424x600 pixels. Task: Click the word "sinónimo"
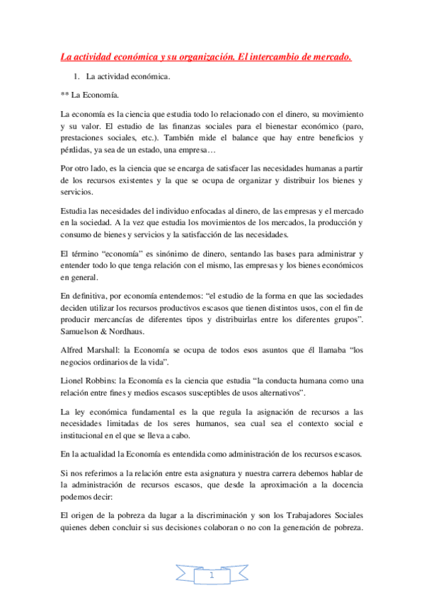tap(164, 253)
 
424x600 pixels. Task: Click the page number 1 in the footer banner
tap(212, 577)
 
